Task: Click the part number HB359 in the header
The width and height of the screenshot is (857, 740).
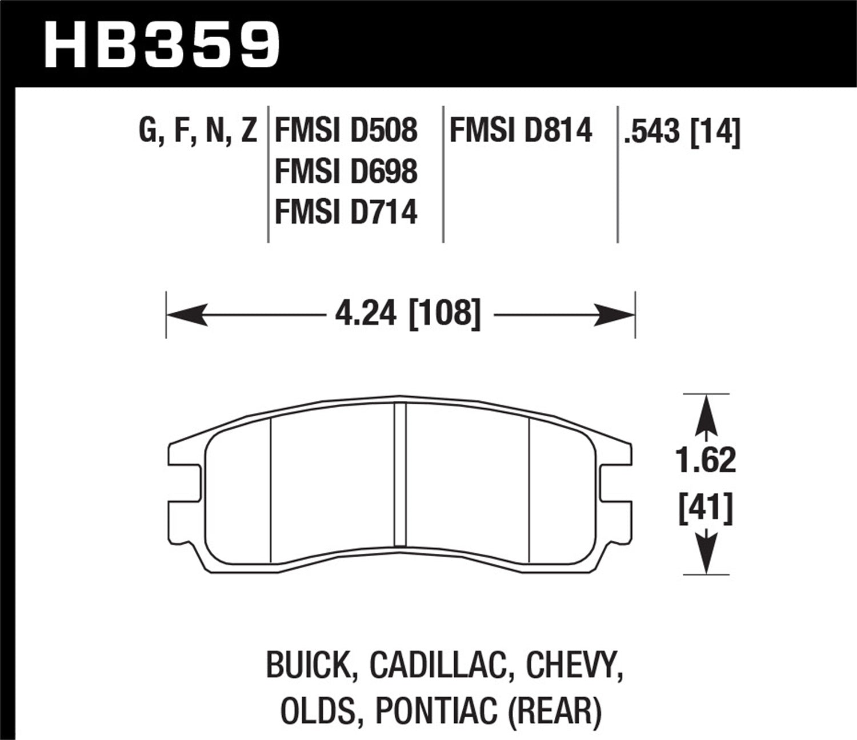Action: (162, 44)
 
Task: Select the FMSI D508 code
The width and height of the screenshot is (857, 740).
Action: (346, 130)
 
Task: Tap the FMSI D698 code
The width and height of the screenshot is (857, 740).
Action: (346, 171)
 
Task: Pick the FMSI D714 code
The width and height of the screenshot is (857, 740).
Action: (346, 212)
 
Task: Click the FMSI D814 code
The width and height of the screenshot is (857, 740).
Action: (520, 130)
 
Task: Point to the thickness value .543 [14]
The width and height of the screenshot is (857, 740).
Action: (682, 132)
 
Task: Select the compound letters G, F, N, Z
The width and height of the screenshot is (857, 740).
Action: (198, 131)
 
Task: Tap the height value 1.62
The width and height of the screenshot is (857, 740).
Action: (706, 461)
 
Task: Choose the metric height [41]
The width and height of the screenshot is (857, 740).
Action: (706, 508)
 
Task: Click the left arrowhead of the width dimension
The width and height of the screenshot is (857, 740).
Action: (186, 315)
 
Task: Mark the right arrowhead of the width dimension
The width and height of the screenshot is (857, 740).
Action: (615, 315)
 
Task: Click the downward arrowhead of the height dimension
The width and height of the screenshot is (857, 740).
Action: (706, 556)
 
